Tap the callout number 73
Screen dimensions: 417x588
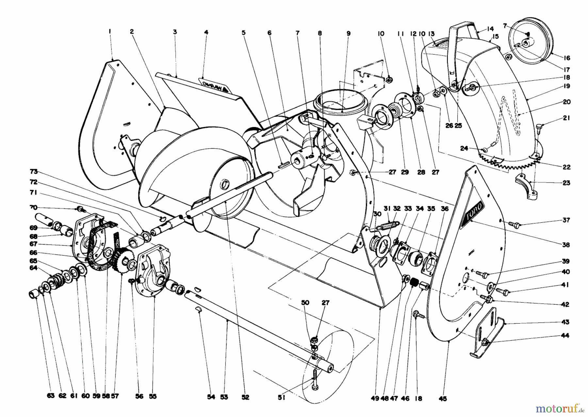tap(34, 172)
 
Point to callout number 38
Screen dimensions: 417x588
tap(566, 245)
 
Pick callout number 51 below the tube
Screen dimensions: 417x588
tap(282, 397)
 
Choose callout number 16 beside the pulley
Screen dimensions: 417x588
tap(566, 58)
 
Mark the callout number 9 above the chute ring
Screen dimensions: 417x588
tap(348, 33)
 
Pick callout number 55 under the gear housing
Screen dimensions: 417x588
tap(153, 396)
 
